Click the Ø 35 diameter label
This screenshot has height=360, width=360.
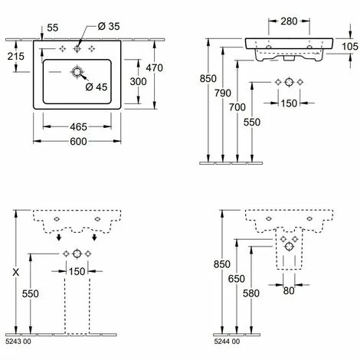tap(109, 26)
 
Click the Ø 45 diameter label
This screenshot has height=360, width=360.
tap(97, 87)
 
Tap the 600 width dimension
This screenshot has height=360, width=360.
tap(78, 142)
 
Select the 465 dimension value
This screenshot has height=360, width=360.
tap(78, 127)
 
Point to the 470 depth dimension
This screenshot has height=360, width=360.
tap(155, 68)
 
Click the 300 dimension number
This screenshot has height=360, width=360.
tap(138, 82)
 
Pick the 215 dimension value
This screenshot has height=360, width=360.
tap(16, 57)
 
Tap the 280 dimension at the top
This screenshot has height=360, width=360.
tap(289, 21)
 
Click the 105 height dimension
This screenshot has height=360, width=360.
tap(350, 47)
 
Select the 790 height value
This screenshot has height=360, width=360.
tap(223, 93)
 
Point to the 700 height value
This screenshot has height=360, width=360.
tap(237, 107)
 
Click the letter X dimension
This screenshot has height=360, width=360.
tap(16, 273)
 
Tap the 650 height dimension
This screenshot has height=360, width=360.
tap(237, 279)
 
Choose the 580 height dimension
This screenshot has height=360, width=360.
tap(251, 293)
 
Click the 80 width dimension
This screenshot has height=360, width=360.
tap(289, 290)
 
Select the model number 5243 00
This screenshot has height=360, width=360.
tap(18, 342)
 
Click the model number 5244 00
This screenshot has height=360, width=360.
tap(227, 342)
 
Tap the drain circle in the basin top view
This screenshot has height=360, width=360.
tap(77, 72)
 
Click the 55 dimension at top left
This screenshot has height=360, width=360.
tap(53, 28)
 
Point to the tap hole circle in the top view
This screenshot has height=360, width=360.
tap(77, 48)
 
